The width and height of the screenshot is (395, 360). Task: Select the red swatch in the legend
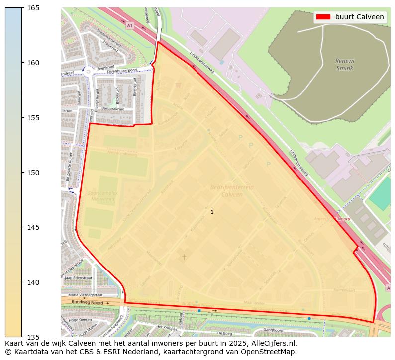click(323, 17)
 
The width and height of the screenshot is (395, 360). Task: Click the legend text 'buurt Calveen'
click(359, 17)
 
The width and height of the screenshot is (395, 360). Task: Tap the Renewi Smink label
click(345, 65)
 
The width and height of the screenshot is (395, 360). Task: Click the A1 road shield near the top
click(130, 25)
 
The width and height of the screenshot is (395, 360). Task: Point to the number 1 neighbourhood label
click(212, 212)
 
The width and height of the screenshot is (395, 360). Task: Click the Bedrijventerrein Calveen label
click(232, 191)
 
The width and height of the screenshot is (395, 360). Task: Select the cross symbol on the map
click(184, 257)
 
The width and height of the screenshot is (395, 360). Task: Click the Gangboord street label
click(273, 330)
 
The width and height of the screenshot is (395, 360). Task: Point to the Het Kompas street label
click(167, 327)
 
